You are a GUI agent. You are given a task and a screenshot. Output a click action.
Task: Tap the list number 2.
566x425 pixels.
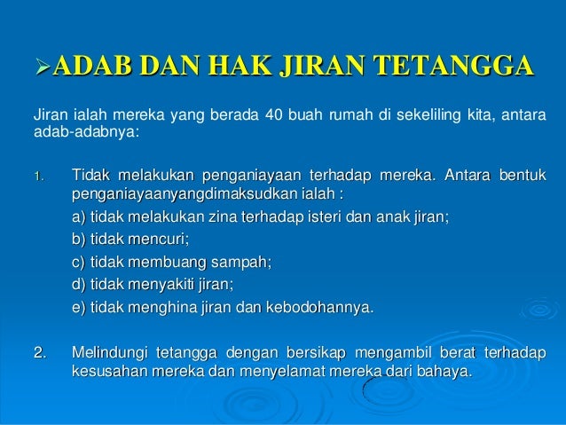pos(39,354)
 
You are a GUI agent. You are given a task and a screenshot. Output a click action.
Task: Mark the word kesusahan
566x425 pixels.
pos(106,373)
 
